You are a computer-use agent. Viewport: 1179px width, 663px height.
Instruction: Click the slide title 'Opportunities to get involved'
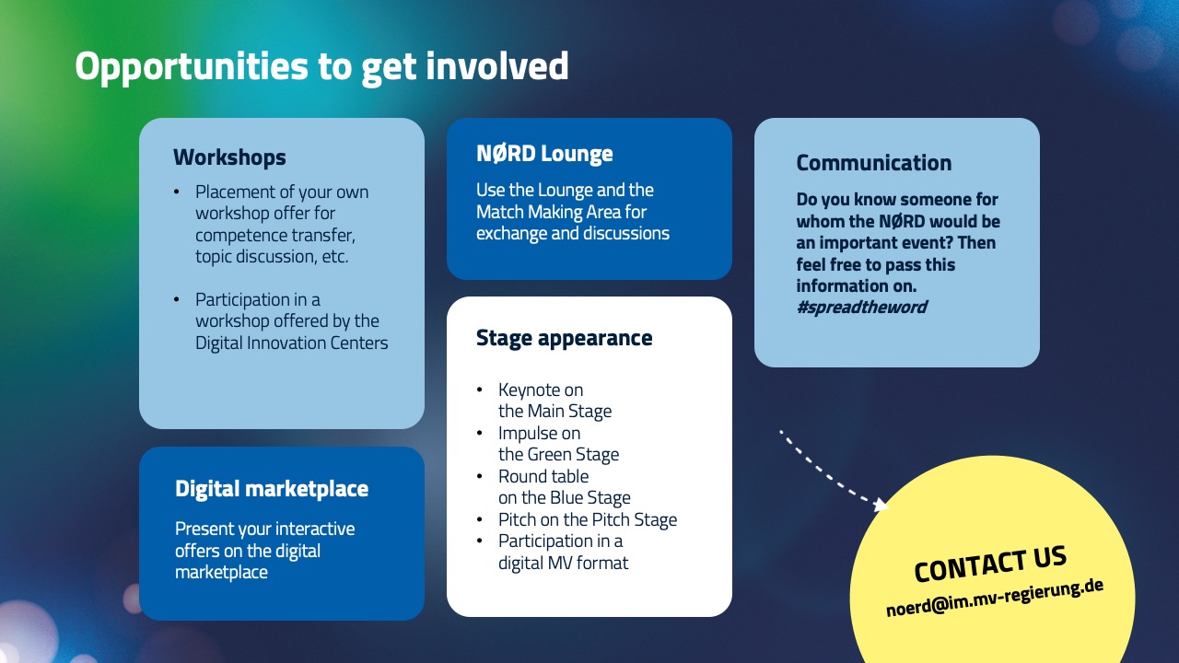[321, 67]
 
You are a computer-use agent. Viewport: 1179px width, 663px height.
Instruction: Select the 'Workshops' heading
[229, 157]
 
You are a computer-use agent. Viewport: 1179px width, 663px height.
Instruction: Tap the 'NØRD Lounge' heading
[544, 154]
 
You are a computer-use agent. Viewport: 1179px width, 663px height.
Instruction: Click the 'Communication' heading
[873, 163]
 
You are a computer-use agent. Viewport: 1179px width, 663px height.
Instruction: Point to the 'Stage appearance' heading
[564, 338]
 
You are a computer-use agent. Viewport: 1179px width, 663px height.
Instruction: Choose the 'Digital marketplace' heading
[272, 489]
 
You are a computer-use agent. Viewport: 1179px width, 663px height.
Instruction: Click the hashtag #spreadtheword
[861, 307]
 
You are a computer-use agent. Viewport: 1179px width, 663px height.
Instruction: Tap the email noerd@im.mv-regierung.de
[995, 598]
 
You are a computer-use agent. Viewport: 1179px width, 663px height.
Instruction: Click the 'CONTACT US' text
[990, 563]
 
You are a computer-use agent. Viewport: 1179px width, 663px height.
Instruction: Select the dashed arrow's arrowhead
[881, 504]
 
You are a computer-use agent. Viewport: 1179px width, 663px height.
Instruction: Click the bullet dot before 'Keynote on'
[480, 390]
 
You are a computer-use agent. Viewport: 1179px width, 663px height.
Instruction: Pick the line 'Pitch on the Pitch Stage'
[588, 519]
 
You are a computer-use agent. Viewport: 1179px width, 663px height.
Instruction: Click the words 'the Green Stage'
[558, 454]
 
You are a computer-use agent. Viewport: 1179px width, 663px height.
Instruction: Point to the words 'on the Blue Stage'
[565, 497]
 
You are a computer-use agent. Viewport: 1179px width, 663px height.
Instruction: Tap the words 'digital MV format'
[563, 562]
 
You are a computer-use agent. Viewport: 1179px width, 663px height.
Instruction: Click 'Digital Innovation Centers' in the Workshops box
[291, 343]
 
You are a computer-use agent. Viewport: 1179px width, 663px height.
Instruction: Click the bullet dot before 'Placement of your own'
[177, 192]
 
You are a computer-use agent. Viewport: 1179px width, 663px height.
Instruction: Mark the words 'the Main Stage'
[554, 411]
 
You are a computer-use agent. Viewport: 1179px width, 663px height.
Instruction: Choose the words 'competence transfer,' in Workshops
[275, 235]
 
